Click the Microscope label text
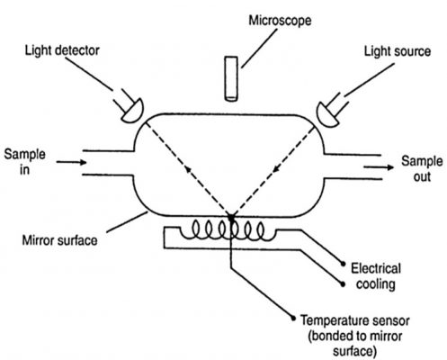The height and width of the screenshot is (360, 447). point(280,21)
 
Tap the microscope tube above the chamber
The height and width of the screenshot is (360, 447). point(231,78)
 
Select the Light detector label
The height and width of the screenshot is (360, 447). point(62,50)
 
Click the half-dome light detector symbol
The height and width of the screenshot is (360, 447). point(133,111)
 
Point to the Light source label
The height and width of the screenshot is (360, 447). point(398,51)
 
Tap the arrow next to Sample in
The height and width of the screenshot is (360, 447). point(71,162)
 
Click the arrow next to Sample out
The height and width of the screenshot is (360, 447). point(379,167)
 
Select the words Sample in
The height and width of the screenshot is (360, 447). point(24,162)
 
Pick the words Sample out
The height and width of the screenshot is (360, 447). point(422,168)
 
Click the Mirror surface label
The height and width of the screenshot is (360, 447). point(60,240)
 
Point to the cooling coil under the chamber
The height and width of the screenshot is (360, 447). point(228,231)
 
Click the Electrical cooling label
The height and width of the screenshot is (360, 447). point(376,276)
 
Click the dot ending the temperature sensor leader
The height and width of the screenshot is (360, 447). point(293,319)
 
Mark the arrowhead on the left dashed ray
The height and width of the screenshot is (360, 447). point(188,169)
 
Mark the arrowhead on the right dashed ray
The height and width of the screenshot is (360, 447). point(276,169)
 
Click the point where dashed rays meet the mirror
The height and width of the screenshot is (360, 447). point(231,216)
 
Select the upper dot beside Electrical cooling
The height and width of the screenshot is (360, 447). point(343,264)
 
